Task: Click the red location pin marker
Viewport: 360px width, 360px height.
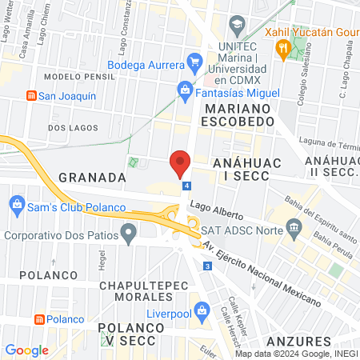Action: pyautogui.click(x=180, y=162)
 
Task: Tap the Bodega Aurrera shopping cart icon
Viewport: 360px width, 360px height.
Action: pyautogui.click(x=194, y=60)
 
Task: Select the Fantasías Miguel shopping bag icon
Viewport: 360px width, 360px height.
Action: pyautogui.click(x=185, y=89)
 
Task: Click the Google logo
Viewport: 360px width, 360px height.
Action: pyautogui.click(x=26, y=350)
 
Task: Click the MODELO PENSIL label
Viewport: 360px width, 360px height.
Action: pyautogui.click(x=70, y=76)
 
